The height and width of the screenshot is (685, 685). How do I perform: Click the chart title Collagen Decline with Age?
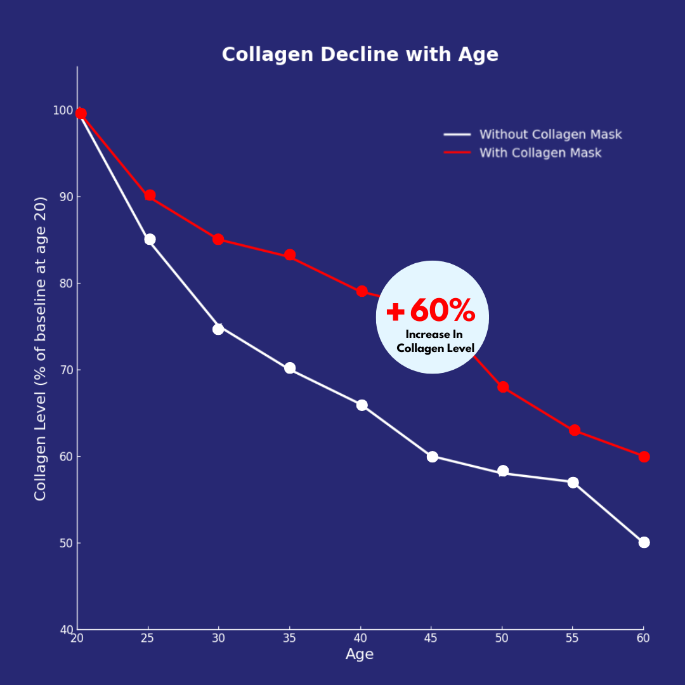pos(360,55)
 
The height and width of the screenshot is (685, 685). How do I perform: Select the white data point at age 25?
pos(150,239)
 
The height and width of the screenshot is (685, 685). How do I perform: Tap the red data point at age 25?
pos(150,195)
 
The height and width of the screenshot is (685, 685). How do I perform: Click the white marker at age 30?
pos(218,329)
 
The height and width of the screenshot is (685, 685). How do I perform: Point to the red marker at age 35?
pos(290,255)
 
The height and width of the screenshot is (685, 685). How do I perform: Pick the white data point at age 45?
pos(433,457)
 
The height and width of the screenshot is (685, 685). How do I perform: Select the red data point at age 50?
pos(503,387)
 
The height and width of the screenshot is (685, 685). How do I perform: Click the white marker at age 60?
pos(644,542)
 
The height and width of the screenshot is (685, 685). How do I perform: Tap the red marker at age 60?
pos(644,457)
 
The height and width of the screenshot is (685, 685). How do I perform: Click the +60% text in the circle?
pos(431,311)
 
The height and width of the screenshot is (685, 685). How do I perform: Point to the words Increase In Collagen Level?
pos(435,341)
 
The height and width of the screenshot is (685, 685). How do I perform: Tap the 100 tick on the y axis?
pos(62,110)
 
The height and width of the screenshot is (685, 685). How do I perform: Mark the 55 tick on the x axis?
pos(573,638)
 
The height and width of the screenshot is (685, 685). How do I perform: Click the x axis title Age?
pos(360,655)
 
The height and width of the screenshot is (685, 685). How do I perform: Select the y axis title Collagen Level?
pos(41,348)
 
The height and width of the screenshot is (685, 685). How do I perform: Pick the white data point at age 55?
pos(573,483)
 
